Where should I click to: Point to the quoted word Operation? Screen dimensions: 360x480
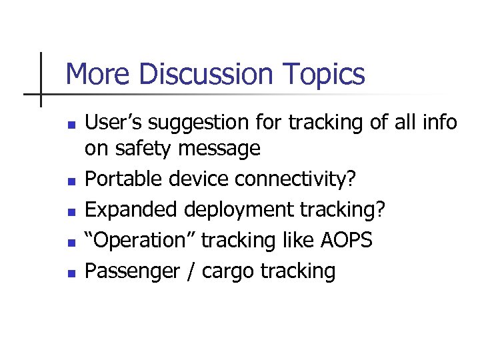tap(139, 240)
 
